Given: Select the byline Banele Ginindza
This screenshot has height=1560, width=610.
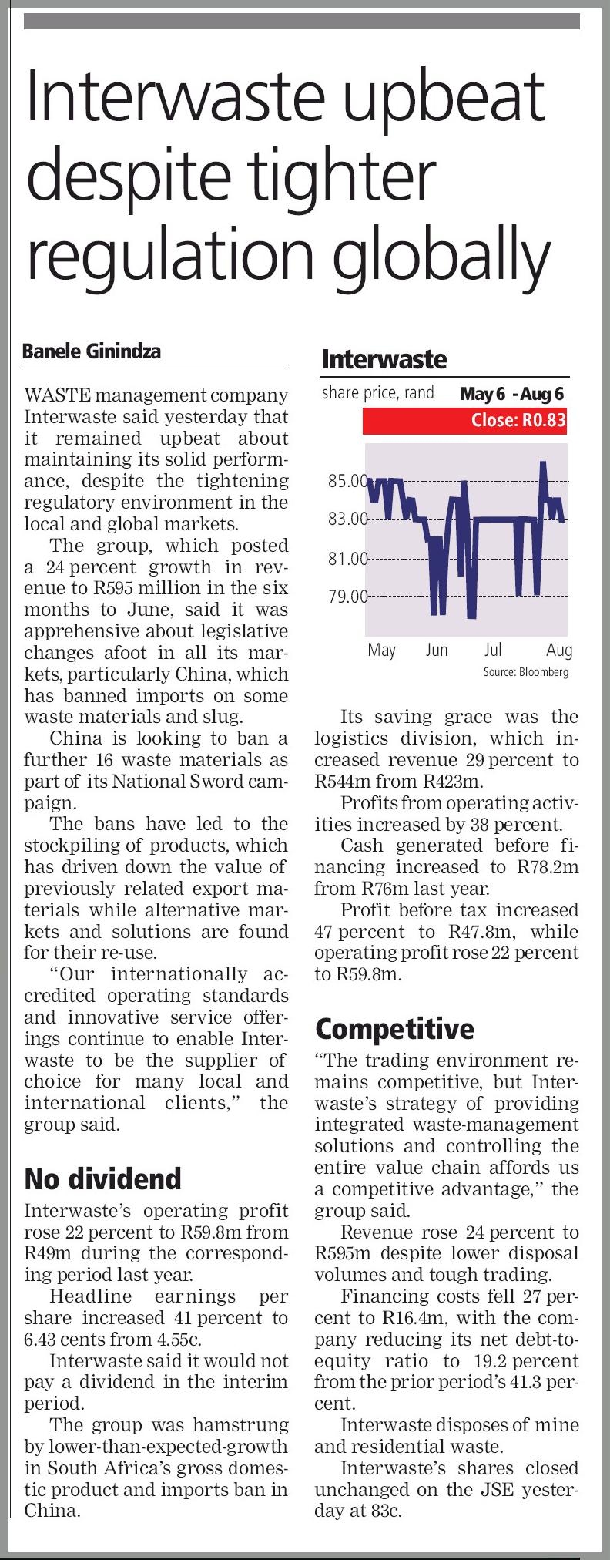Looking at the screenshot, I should pyautogui.click(x=92, y=351).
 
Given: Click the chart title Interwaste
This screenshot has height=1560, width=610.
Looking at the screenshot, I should pyautogui.click(x=384, y=359).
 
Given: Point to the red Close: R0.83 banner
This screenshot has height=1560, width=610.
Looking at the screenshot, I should pyautogui.click(x=464, y=420).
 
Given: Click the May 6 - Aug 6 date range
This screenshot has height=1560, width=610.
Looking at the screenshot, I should pyautogui.click(x=511, y=394).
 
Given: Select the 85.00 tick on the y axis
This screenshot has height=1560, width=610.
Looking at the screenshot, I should pyautogui.click(x=347, y=482).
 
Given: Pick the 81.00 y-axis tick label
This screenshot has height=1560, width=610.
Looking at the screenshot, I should pyautogui.click(x=347, y=558).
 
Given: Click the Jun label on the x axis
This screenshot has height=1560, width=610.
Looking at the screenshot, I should pyautogui.click(x=437, y=650).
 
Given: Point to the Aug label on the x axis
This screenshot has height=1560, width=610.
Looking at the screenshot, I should pyautogui.click(x=559, y=650).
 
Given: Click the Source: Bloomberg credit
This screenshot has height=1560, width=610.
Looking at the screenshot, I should pyautogui.click(x=525, y=672).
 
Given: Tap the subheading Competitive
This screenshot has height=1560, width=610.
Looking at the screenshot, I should pyautogui.click(x=394, y=1029).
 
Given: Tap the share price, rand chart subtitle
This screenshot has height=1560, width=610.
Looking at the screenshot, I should pyautogui.click(x=377, y=393).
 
